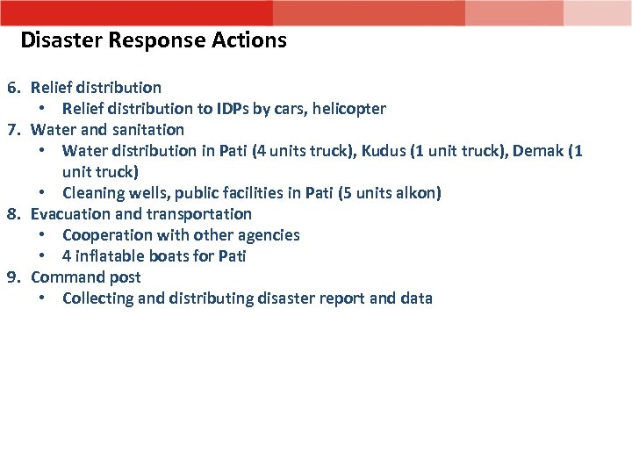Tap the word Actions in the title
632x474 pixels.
(249, 40)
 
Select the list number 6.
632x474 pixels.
(13, 88)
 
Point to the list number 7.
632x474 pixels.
(13, 130)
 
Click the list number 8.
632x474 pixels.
(13, 214)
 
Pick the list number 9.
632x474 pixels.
(13, 277)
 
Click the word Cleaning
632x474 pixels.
(92, 193)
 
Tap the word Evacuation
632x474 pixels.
(68, 214)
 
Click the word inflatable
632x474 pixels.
(111, 256)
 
